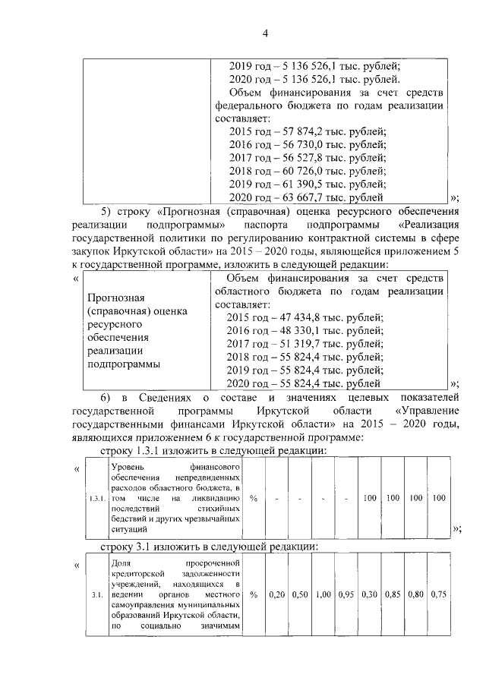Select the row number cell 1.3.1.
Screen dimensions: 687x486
[x=97, y=499]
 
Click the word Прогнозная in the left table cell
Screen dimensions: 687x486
[x=115, y=299]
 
